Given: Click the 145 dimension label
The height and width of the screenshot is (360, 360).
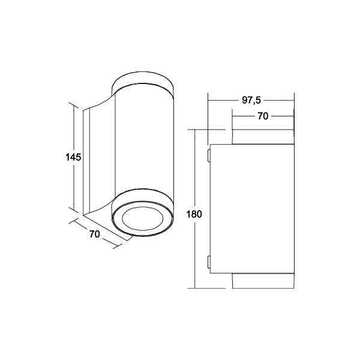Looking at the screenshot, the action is (x=73, y=157).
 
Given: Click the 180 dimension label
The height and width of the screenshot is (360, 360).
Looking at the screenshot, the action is (x=194, y=214).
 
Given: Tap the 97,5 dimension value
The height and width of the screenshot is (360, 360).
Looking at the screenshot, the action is (x=251, y=100).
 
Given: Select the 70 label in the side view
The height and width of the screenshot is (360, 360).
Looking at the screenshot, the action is (x=263, y=116).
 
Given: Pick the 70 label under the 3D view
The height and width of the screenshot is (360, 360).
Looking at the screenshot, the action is (x=95, y=234).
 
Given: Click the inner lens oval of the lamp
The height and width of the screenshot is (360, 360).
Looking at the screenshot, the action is (x=143, y=218).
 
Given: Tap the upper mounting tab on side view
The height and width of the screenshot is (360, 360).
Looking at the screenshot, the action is (x=209, y=155).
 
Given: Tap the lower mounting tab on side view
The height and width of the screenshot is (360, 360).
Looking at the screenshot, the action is (x=209, y=262).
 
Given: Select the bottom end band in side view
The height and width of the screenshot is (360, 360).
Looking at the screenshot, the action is (x=263, y=281).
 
